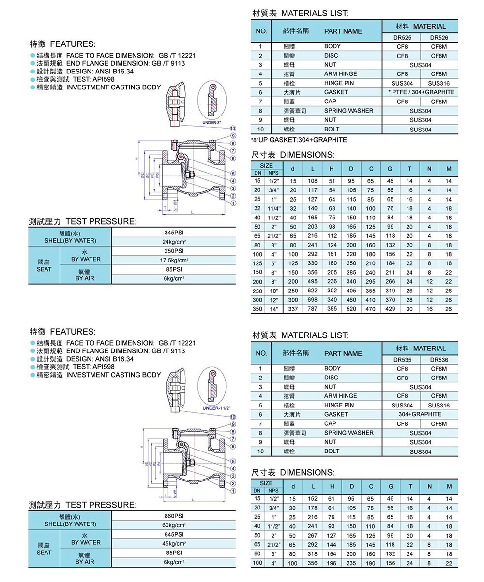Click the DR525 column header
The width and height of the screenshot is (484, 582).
tap(402, 37)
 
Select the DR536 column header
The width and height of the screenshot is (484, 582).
tap(439, 360)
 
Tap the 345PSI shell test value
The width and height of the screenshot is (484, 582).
tap(174, 233)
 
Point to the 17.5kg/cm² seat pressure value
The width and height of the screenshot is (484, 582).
tap(174, 261)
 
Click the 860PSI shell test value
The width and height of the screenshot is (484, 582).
tap(174, 516)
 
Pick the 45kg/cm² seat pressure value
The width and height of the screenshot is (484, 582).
tap(174, 544)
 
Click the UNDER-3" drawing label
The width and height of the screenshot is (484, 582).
tap(212, 123)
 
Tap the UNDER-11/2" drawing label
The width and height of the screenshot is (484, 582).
tap(216, 407)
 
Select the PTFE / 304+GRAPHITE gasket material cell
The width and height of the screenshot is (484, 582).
tap(421, 92)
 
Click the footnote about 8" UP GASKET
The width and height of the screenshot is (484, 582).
tap(299, 140)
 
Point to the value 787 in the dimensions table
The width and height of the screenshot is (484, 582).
tap(313, 309)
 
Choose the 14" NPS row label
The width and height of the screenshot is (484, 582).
tap(273, 309)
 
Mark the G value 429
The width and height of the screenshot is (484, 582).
tap(390, 309)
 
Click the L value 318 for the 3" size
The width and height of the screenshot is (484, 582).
tap(313, 553)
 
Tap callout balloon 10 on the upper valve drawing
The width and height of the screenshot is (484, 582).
tap(233, 128)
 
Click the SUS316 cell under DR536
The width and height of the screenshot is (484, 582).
tap(439, 406)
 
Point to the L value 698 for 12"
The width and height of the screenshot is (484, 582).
tap(313, 300)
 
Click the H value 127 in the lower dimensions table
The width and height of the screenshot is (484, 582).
tap(332, 535)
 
